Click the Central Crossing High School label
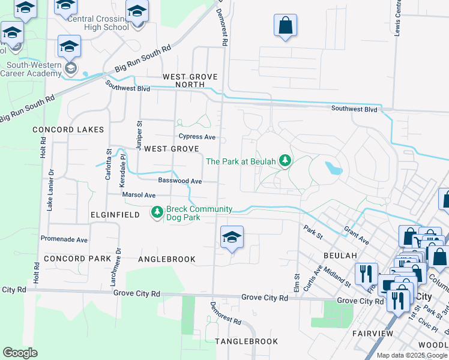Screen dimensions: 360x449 [98, 23]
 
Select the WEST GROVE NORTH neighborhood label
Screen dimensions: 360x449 [190, 81]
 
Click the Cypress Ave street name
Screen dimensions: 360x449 [197, 137]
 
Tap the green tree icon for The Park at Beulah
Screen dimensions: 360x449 [286, 161]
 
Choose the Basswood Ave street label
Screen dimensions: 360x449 [179, 181]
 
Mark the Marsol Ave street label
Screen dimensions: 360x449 [139, 195]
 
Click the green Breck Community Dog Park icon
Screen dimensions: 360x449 [157, 213]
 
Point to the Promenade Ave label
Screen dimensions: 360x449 [64, 239]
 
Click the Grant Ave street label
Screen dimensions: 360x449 [356, 235]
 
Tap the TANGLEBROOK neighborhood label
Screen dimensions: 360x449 [246, 341]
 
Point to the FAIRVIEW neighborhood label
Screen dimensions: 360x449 [372, 333]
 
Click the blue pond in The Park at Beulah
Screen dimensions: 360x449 [334, 167]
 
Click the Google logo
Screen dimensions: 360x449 [20, 353]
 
